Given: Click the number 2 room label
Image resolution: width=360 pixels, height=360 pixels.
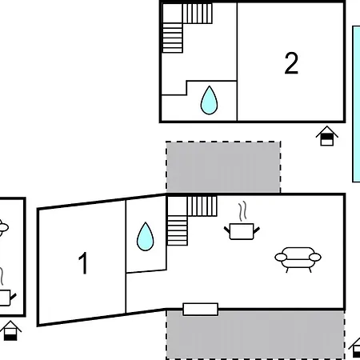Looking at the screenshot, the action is (x=291, y=63).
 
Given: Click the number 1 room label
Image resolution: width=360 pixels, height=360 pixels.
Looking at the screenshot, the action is (x=83, y=263).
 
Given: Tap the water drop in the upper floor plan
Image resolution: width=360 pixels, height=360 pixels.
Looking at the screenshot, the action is (x=209, y=100).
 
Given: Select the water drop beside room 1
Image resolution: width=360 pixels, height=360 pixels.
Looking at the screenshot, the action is (x=146, y=237).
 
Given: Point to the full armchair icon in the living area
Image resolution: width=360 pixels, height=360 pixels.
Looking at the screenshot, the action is (x=298, y=259).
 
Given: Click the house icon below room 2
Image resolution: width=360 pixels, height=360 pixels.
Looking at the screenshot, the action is (x=327, y=136).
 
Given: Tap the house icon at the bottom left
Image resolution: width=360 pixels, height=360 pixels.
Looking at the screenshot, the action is (x=10, y=330).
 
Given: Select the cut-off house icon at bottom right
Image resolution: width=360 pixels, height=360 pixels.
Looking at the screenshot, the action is (x=354, y=348).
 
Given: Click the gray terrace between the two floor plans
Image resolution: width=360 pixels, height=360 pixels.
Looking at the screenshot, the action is (x=223, y=167).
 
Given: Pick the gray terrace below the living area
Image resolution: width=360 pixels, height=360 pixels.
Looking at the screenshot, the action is (x=255, y=334).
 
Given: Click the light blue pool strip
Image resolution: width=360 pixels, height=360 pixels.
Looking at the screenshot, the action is (x=356, y=104).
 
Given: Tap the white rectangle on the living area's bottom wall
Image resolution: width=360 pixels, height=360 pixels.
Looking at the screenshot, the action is (x=201, y=310).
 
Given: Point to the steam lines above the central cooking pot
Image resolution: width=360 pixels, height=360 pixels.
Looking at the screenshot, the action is (x=242, y=212).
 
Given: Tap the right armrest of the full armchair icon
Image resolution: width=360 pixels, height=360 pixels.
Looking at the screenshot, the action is (x=315, y=257).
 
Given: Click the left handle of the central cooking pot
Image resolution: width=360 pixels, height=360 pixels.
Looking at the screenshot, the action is (x=227, y=230).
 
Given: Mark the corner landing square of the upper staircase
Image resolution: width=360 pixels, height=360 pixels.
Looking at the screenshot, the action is (x=173, y=13).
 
